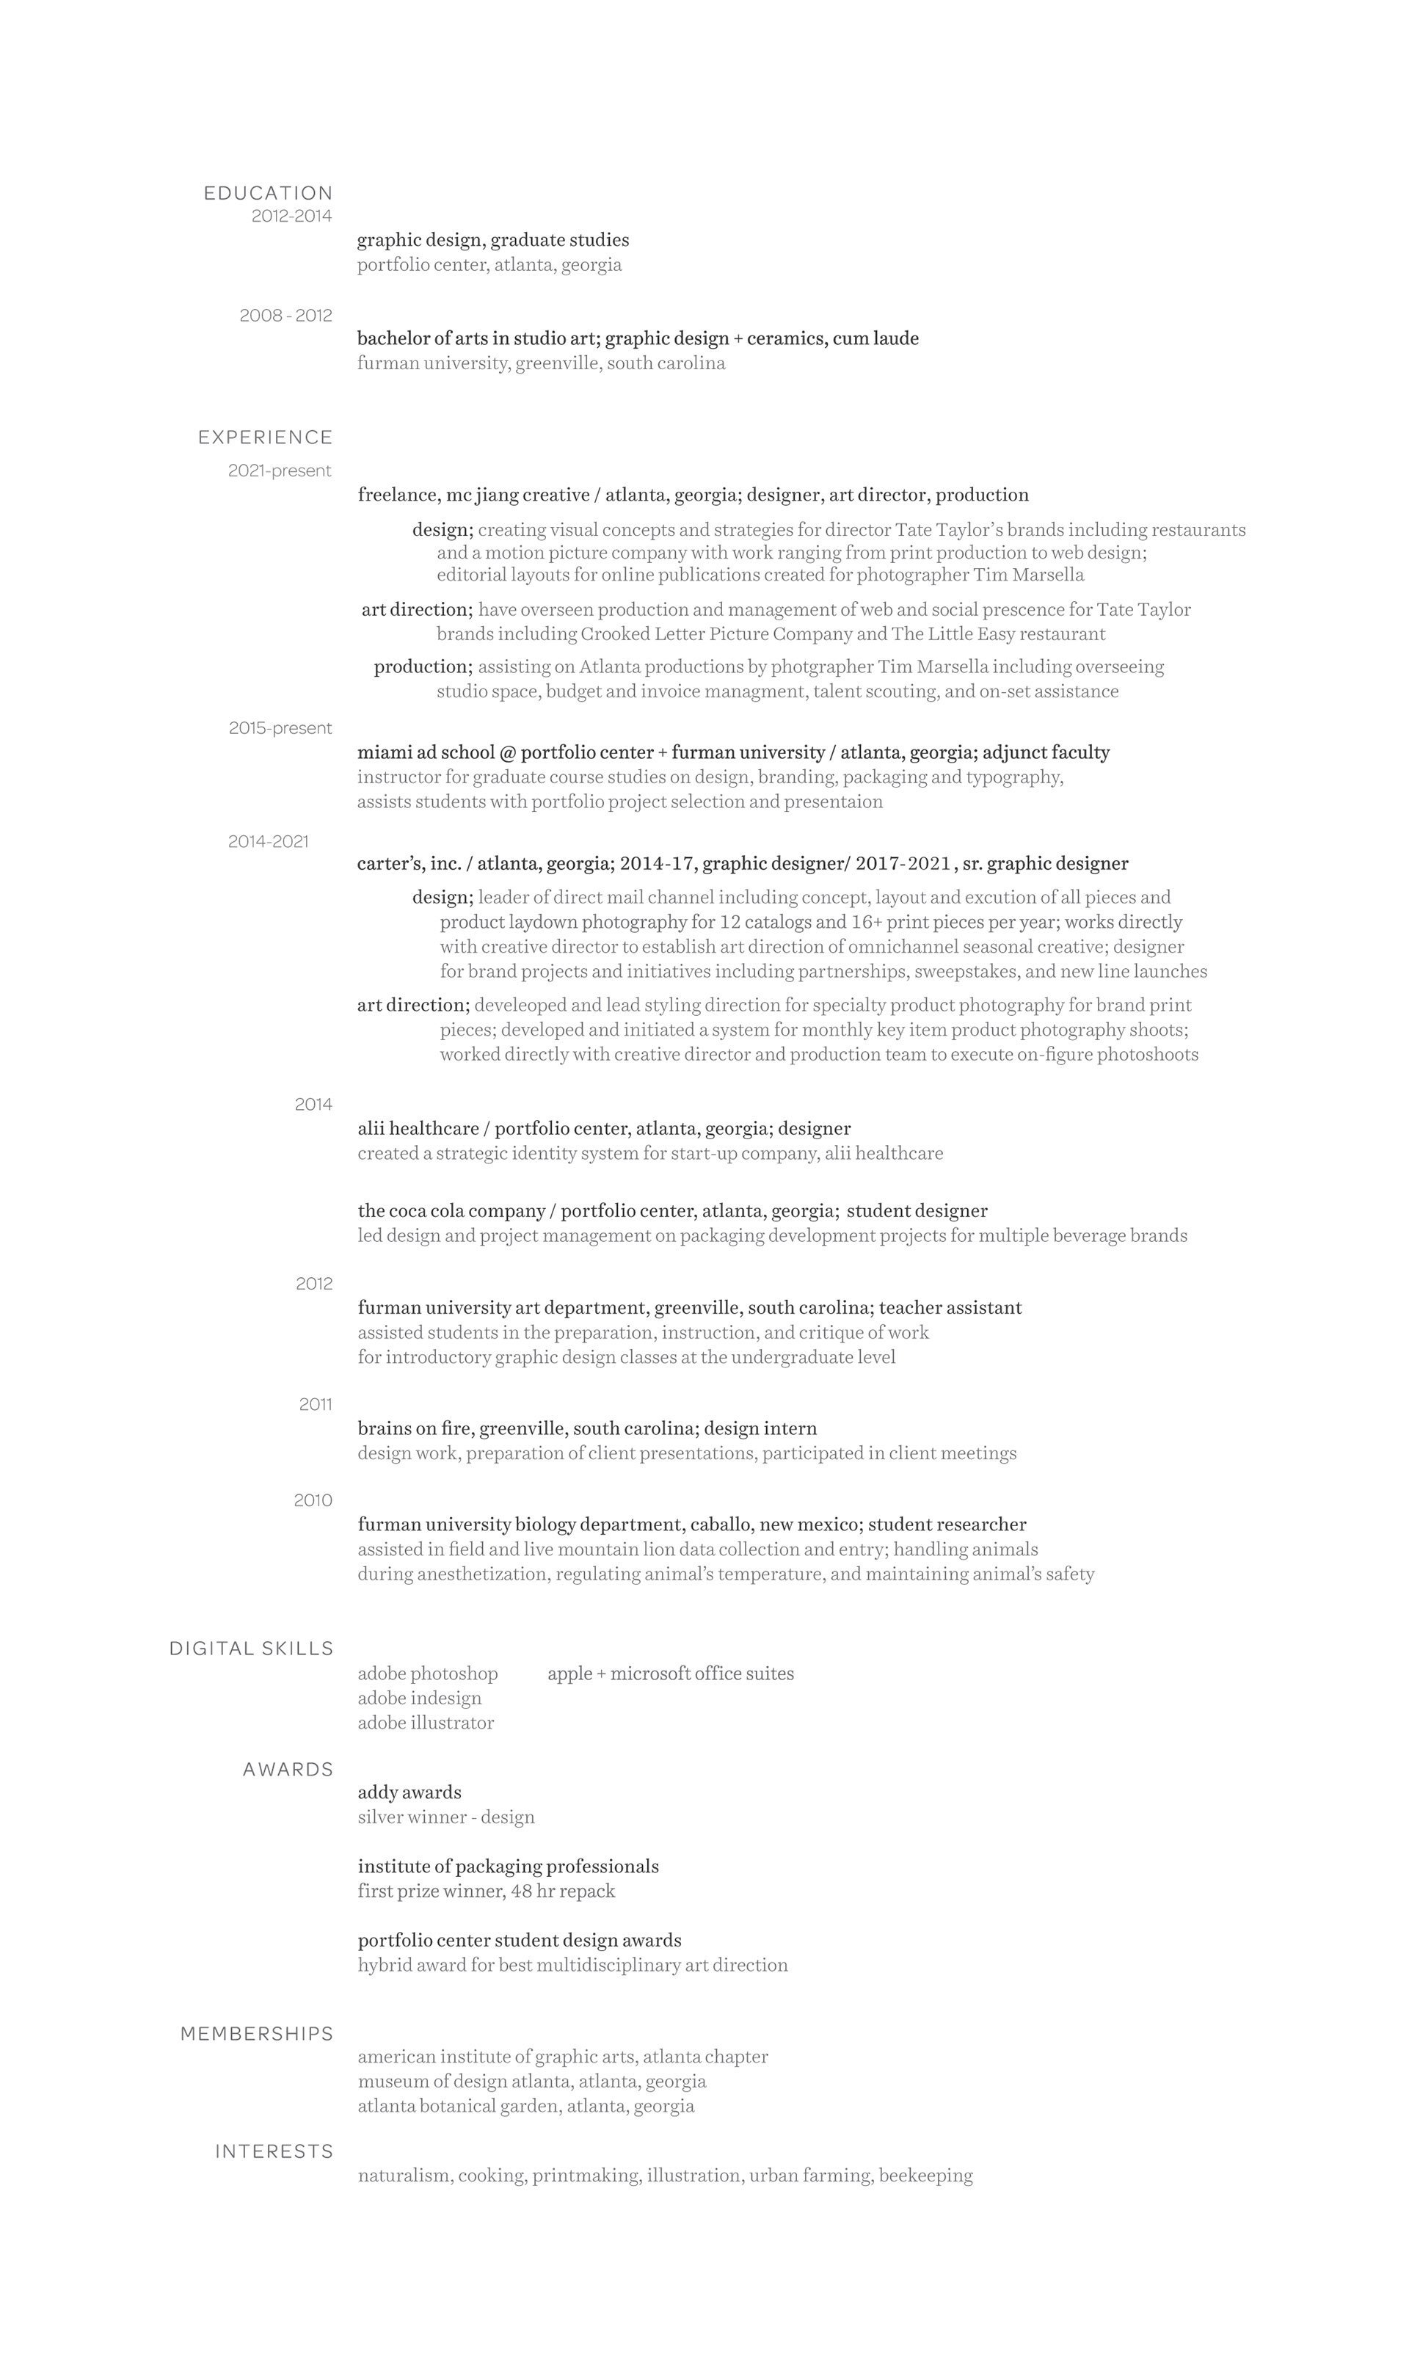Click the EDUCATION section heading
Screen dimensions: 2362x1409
(268, 193)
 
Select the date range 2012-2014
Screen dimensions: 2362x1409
(291, 217)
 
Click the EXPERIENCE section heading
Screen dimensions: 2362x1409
(265, 437)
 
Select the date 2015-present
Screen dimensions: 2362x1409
(280, 728)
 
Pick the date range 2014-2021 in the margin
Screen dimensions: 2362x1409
(268, 841)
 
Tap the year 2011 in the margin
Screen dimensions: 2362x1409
(316, 1404)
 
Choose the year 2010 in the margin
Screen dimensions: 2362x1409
(313, 1500)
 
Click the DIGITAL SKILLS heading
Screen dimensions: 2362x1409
(251, 1649)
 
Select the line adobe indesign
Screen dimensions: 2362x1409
(420, 1698)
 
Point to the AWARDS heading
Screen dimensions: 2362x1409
(288, 1770)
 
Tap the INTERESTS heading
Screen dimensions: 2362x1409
(274, 2151)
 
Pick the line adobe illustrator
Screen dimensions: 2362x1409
(426, 1723)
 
